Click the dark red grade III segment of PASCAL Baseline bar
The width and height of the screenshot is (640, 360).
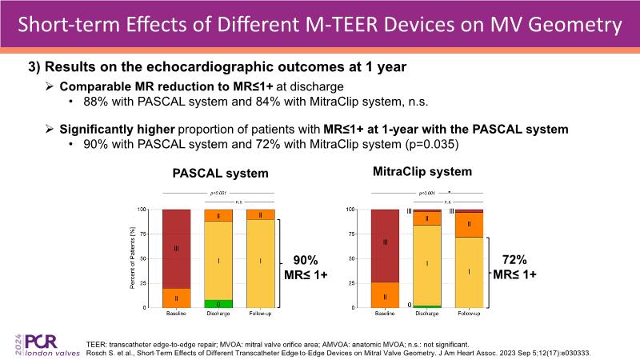click(x=175, y=249)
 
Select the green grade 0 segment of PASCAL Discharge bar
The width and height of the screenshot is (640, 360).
click(x=218, y=304)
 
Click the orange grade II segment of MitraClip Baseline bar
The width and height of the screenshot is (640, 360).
click(x=386, y=295)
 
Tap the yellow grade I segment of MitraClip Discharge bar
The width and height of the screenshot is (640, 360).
click(x=427, y=265)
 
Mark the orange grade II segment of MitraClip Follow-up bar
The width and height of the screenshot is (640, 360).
click(x=470, y=225)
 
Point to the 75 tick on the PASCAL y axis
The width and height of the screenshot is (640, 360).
click(x=142, y=234)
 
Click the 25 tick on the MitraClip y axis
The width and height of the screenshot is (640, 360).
click(x=350, y=283)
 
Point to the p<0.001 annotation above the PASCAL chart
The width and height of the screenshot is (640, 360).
click(x=218, y=194)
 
